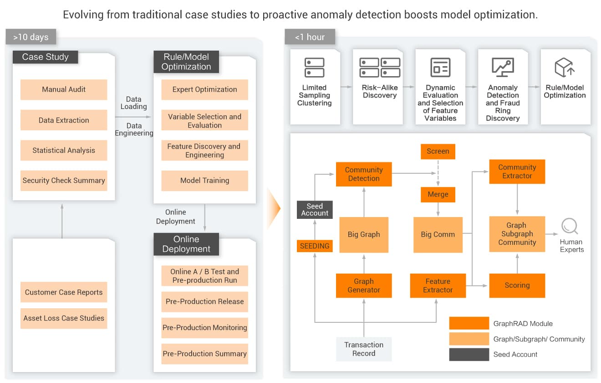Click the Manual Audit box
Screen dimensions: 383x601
point(64,90)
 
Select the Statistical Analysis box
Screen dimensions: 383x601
point(64,150)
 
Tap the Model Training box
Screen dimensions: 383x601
point(204,181)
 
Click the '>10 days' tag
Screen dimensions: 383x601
point(31,37)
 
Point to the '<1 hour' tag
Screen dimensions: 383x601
point(310,37)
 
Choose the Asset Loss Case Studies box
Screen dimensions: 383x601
point(64,318)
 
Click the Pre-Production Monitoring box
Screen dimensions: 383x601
point(204,327)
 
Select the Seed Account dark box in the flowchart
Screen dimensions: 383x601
point(315,209)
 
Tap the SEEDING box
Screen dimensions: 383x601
point(315,246)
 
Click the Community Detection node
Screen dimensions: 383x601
point(364,174)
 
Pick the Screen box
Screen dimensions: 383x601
point(438,151)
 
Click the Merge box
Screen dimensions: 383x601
point(438,194)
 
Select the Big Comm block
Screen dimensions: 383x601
point(438,235)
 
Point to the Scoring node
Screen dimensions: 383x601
point(517,285)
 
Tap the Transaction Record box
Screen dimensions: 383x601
point(364,349)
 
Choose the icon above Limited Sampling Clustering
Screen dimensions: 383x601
point(315,67)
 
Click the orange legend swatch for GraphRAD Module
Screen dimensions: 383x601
point(469,323)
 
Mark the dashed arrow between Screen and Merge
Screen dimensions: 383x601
point(438,172)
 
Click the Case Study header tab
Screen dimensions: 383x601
point(46,57)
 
